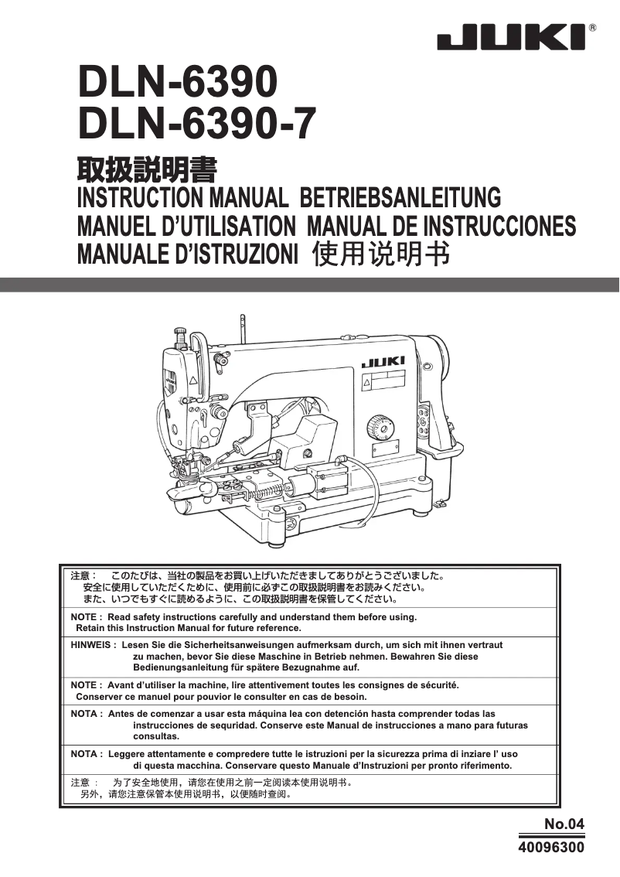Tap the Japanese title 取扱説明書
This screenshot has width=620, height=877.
(146, 169)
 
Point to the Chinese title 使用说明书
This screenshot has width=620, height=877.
(380, 254)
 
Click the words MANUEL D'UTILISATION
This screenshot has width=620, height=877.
(186, 226)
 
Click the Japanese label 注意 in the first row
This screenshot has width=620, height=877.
(81, 576)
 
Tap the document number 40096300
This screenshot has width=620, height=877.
(551, 848)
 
